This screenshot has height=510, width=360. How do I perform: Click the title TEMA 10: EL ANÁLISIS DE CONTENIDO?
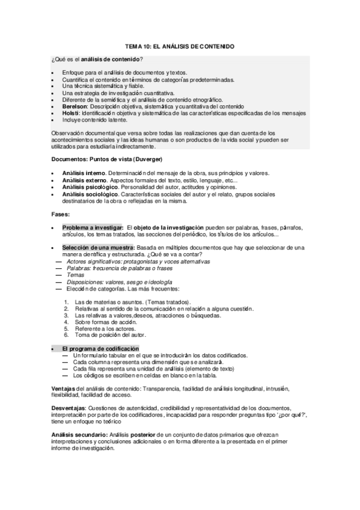point(180,46)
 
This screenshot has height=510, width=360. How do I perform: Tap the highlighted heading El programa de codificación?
point(100,349)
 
